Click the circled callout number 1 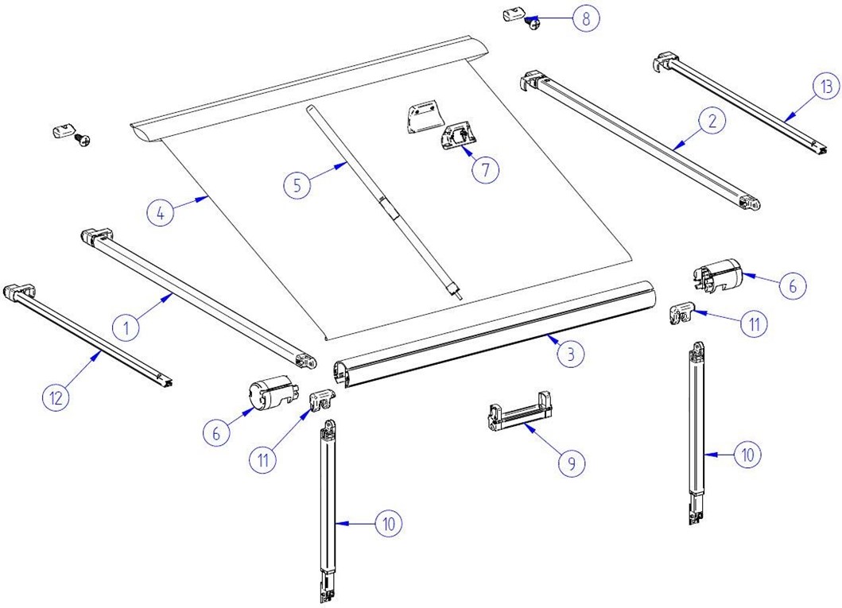point(126,327)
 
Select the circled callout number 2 point(712,122)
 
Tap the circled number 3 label point(570,354)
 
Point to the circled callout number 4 point(160,214)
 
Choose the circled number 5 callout point(297,185)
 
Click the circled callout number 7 point(486,169)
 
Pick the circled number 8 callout point(586,19)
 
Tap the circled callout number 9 point(572,463)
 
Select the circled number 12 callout point(56,397)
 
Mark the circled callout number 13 point(825,86)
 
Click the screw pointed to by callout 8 point(532,23)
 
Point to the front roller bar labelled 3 point(494,334)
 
